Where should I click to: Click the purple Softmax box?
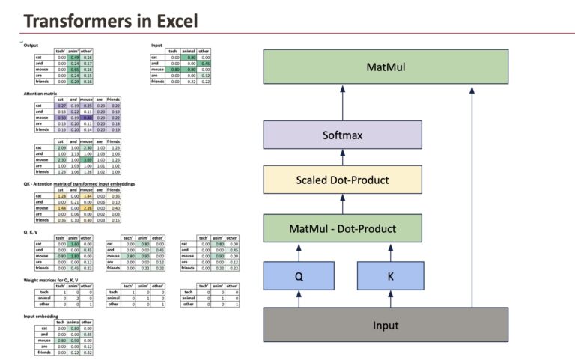tap(344, 136)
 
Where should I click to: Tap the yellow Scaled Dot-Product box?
tap(343, 180)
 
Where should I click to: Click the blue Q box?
tap(299, 276)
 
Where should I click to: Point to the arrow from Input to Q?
tap(299, 299)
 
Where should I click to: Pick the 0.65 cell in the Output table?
tap(75, 70)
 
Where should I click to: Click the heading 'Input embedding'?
tap(41, 317)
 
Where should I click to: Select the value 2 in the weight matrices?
tap(75, 298)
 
